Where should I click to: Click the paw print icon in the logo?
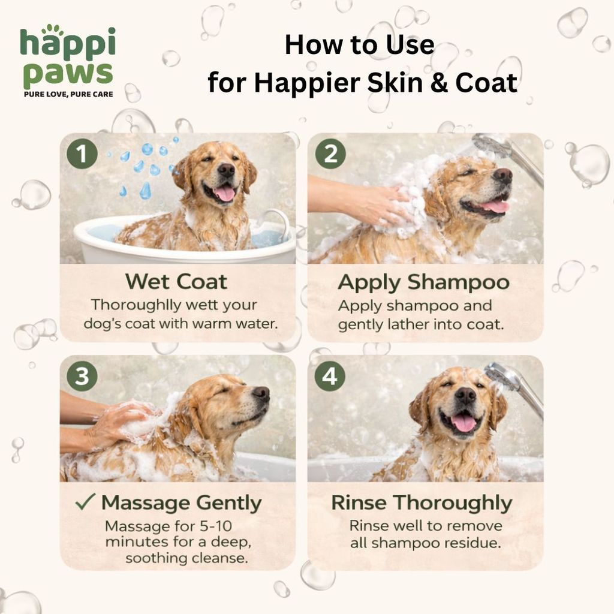(x=52, y=30)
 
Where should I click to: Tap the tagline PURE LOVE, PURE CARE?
(x=68, y=94)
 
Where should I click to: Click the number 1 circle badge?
(x=82, y=153)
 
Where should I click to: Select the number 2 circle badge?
(x=330, y=153)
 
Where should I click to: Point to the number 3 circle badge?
(x=82, y=376)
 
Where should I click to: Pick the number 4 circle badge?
(x=330, y=376)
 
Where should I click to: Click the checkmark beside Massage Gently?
(x=85, y=501)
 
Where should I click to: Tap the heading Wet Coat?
(x=176, y=281)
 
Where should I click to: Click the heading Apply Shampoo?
(x=424, y=282)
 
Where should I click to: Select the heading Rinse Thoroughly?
(x=422, y=503)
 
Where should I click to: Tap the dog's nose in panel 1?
(x=226, y=170)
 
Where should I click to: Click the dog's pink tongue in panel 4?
(x=463, y=423)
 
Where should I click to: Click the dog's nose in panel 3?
(x=261, y=393)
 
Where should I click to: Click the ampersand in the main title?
(x=439, y=83)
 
